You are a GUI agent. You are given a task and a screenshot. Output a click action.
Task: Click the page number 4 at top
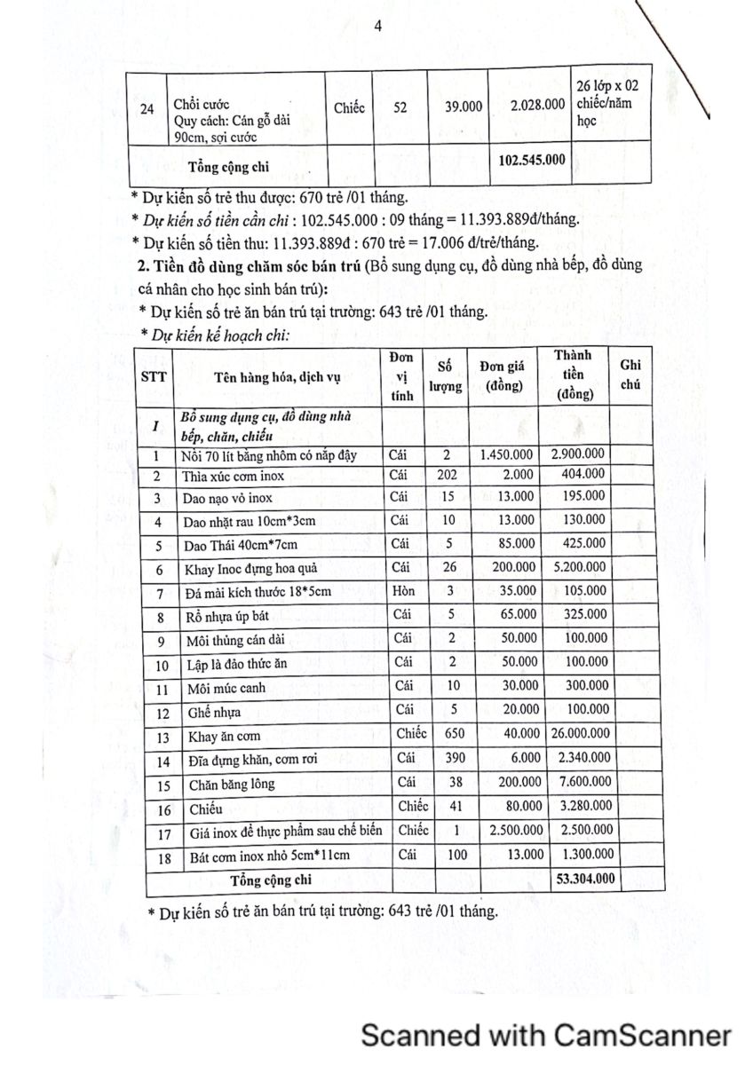(378, 27)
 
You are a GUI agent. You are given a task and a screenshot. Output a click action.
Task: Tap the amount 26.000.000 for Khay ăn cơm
(576, 734)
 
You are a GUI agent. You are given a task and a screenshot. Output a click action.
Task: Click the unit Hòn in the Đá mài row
(400, 590)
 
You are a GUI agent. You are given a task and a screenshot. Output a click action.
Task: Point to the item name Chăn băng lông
(232, 784)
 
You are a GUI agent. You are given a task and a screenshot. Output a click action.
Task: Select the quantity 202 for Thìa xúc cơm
(448, 475)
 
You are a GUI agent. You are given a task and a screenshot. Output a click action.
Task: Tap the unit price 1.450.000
(505, 454)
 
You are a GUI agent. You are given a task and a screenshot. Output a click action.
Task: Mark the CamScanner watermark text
(545, 1035)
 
